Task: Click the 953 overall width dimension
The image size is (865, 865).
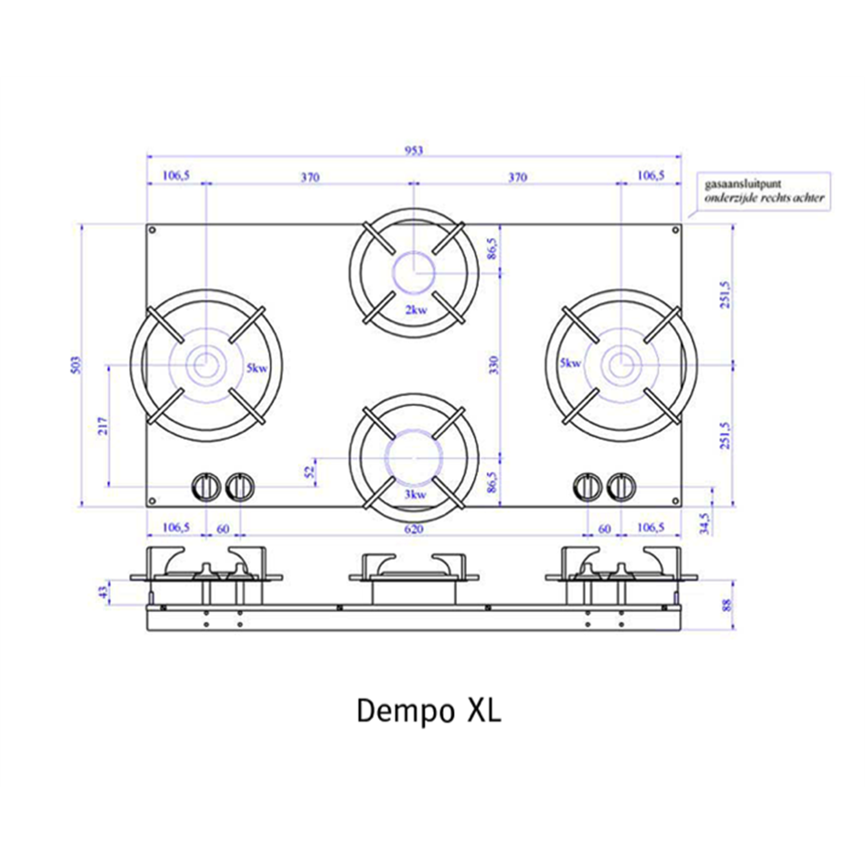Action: pos(413,151)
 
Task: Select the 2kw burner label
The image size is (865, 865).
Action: pos(416,310)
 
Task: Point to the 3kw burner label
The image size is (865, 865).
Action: pos(415,494)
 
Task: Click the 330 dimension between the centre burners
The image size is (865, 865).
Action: pos(493,365)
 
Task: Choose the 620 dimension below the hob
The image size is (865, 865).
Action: pos(413,529)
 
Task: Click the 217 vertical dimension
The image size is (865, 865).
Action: pos(103,426)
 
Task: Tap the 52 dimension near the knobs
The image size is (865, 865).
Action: pos(310,472)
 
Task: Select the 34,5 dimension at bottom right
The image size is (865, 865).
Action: pos(705,524)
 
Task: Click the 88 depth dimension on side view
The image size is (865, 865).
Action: pos(727,605)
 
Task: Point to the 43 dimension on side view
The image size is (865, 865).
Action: pos(103,592)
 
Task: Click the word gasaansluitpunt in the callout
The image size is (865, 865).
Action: pos(743,184)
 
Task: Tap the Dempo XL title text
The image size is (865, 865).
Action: pos(428,710)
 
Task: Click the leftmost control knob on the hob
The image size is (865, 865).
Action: pos(206,487)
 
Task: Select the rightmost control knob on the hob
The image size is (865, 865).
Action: pos(621,487)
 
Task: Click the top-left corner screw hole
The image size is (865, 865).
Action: pos(152,230)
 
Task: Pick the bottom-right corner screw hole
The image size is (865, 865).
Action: pos(675,501)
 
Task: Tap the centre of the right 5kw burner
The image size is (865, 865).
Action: pos(621,364)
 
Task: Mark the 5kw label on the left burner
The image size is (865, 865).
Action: pos(257,368)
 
